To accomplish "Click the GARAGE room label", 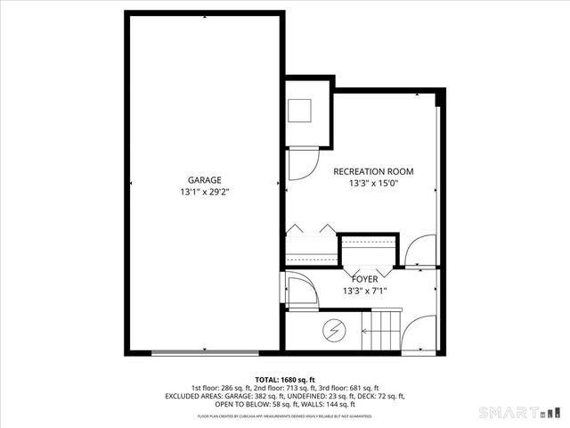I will point(204,179).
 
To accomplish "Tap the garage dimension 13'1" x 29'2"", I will point(204,192).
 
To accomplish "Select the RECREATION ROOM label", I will point(373,171).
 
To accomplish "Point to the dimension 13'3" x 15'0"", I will point(373,184).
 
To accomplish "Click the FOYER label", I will point(365,279).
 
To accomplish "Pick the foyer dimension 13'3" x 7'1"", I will point(365,291).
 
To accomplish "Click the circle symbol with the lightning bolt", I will point(334,330).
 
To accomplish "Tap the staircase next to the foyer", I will point(385,329).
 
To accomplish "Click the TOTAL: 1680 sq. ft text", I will point(284,379).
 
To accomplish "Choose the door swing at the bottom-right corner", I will point(419,337).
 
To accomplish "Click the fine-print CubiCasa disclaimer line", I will point(284,416).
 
